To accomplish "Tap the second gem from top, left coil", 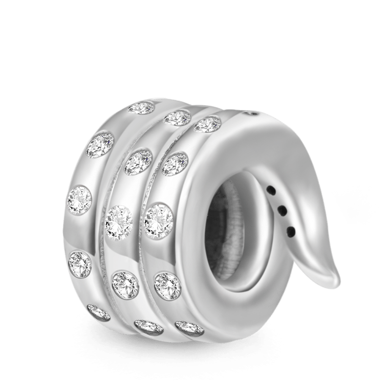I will pyautogui.click(x=101, y=145).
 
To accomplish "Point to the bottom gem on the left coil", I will pyautogui.click(x=99, y=312).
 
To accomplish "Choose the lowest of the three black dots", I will pyautogui.click(x=291, y=230).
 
